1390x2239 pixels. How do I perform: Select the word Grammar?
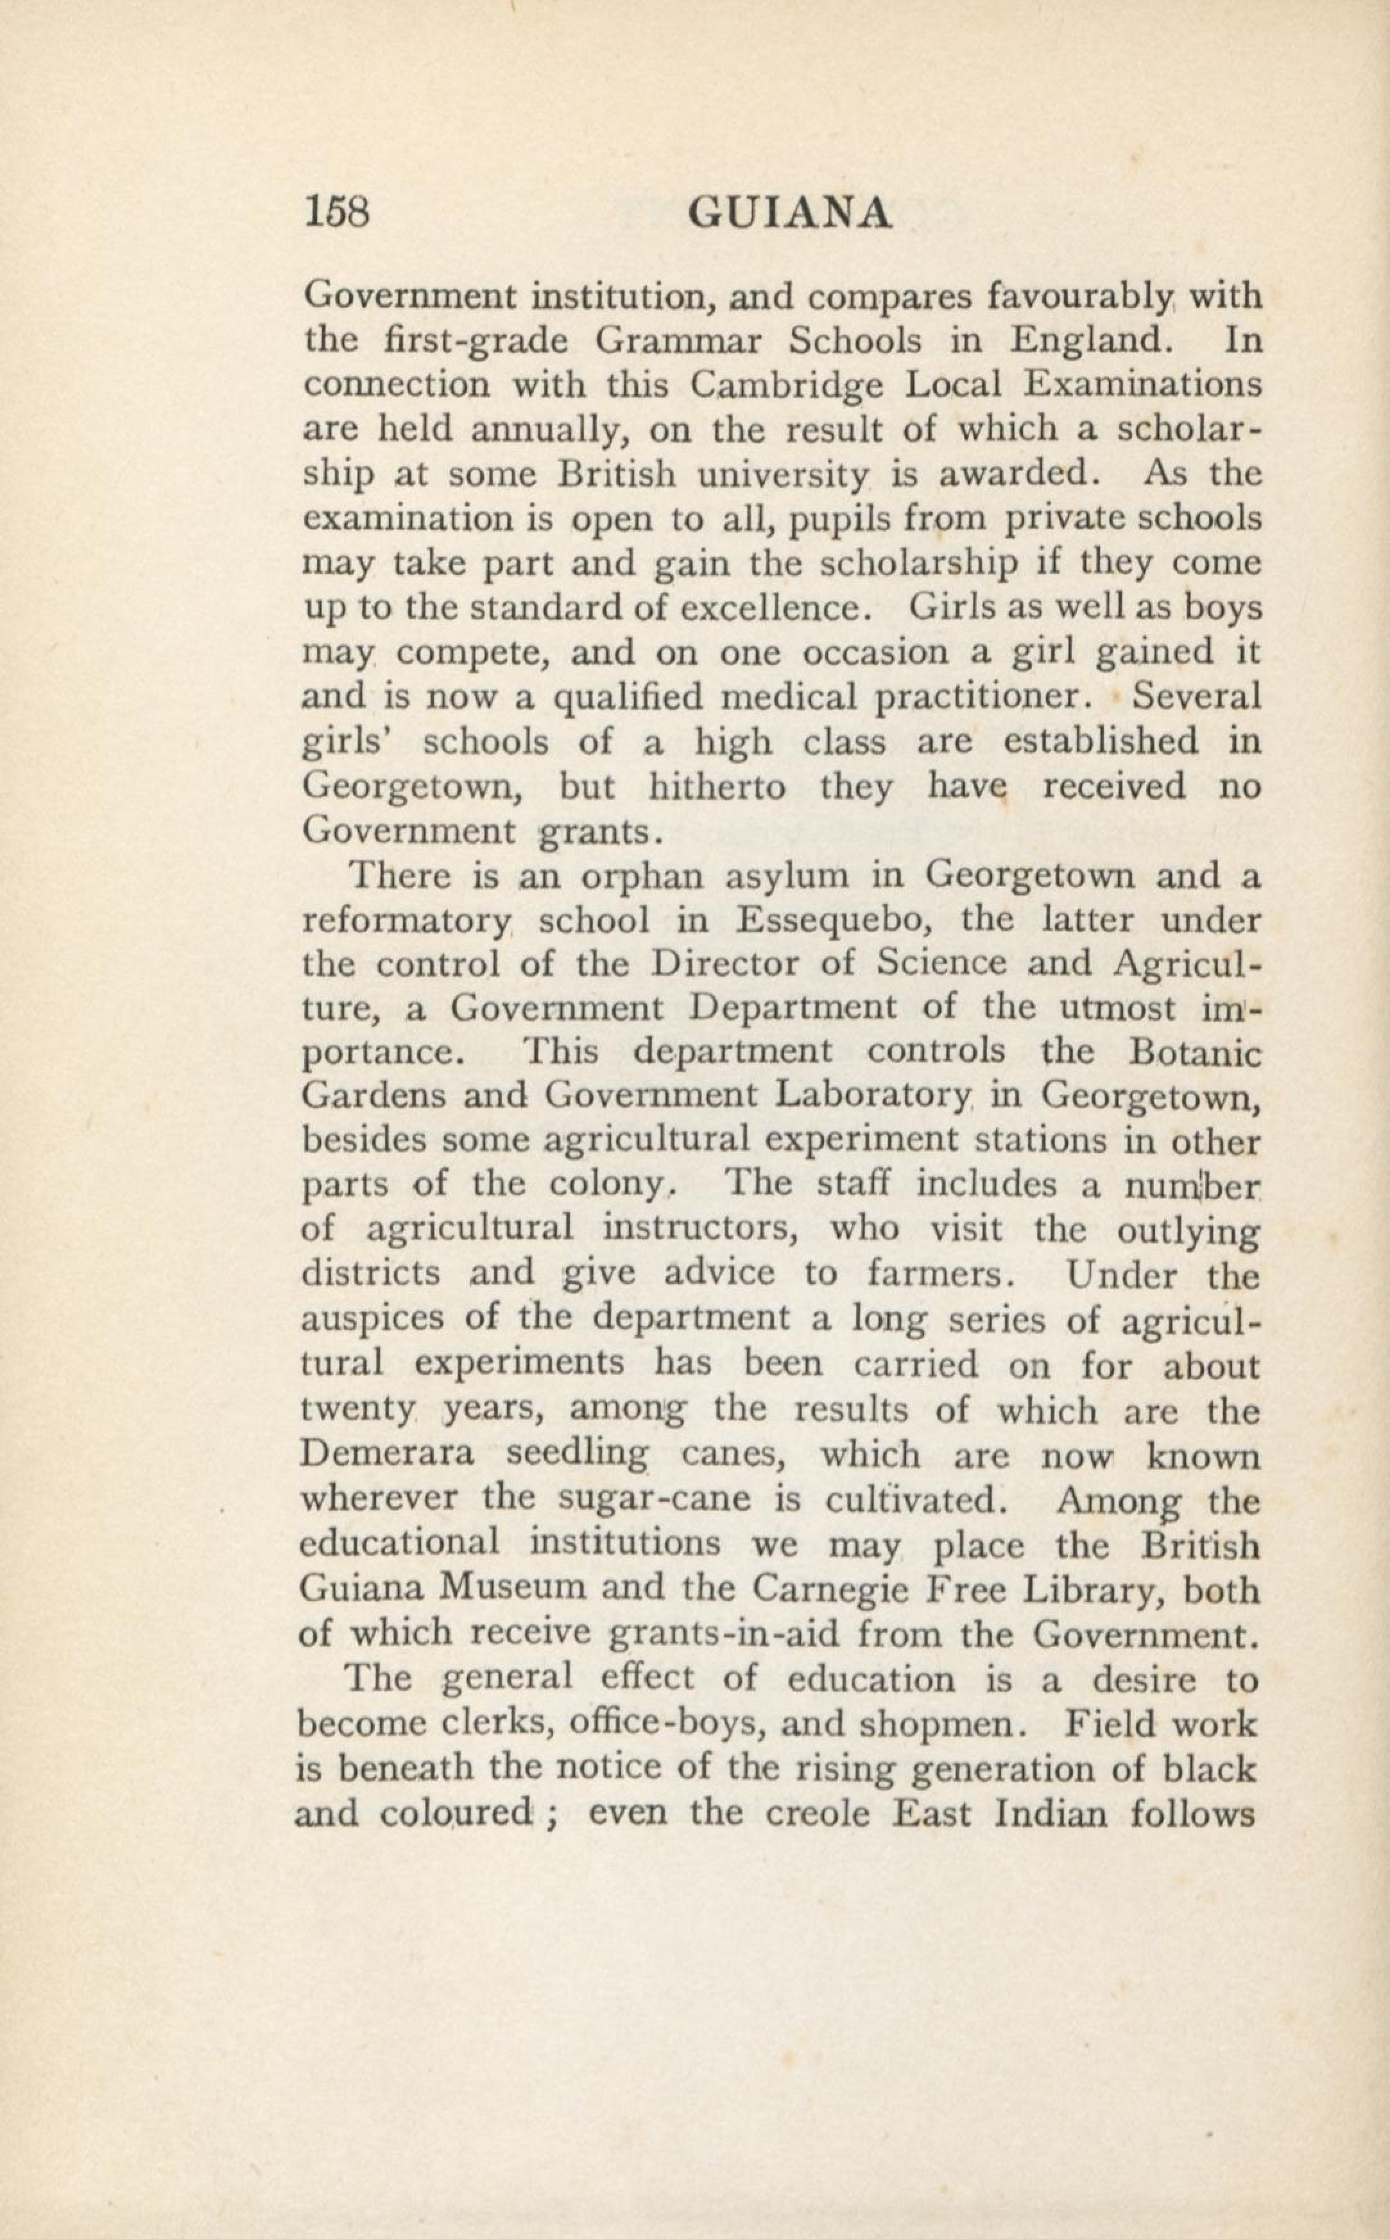click(x=678, y=341)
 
